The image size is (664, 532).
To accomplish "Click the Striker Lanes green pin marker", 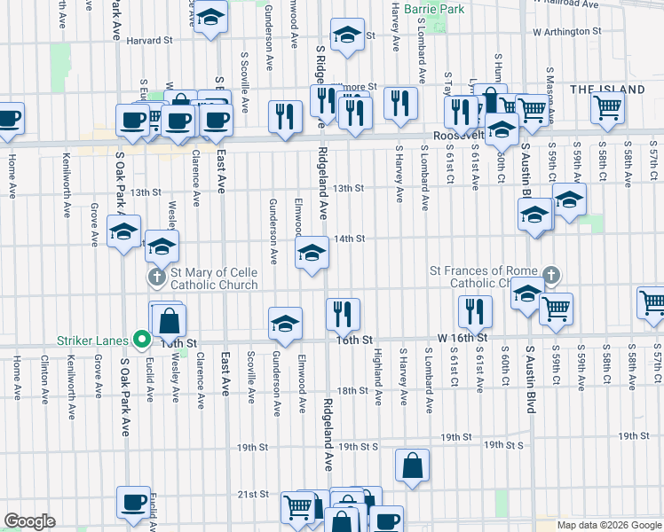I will tap(141, 338).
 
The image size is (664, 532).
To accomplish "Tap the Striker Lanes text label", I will tap(96, 338).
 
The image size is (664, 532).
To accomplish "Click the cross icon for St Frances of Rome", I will tap(552, 277).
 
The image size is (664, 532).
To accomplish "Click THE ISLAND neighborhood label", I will tap(607, 90).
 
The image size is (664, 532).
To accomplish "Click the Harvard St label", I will tap(148, 41).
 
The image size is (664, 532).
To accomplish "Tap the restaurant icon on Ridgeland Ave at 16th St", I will tap(343, 313).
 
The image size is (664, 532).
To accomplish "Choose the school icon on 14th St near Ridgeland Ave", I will tap(311, 254).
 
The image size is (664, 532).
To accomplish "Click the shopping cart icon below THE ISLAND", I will tap(607, 108).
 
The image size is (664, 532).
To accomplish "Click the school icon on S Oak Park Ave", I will tap(123, 232).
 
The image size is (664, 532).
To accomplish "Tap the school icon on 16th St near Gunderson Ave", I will tap(285, 323).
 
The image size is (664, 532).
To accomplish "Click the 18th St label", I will tap(352, 390).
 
